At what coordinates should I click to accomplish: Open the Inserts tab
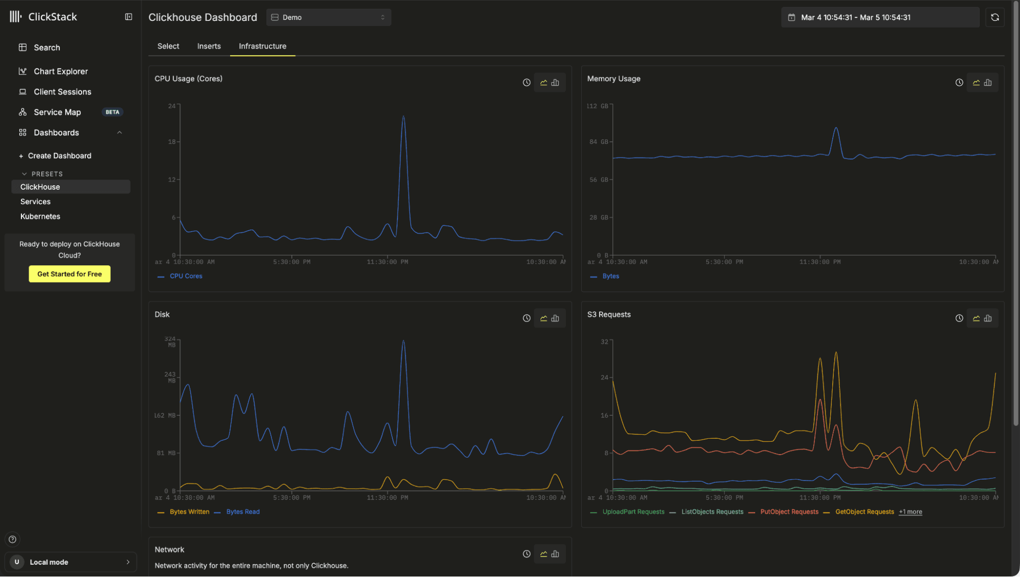coord(209,46)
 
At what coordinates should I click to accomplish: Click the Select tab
coord(168,46)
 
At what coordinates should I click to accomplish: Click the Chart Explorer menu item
coord(60,71)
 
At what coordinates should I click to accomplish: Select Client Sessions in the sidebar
coord(62,92)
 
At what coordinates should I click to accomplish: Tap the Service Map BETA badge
coord(112,112)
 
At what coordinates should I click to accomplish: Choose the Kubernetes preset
coord(40,216)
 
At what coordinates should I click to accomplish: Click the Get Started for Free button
coord(69,274)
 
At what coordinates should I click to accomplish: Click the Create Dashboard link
coord(59,156)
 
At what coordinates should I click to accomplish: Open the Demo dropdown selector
coord(329,17)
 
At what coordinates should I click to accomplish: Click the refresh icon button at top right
coord(994,17)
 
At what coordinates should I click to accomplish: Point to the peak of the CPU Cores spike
coord(403,117)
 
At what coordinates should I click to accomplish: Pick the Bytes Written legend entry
coord(189,512)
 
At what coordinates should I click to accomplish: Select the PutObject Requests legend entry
coord(789,512)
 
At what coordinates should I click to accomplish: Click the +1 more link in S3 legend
coord(910,512)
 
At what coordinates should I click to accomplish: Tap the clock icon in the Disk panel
coord(527,318)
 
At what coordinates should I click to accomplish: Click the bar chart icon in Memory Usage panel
coord(988,83)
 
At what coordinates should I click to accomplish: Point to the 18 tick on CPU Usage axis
coord(171,142)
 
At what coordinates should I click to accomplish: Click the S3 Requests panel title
coord(609,314)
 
